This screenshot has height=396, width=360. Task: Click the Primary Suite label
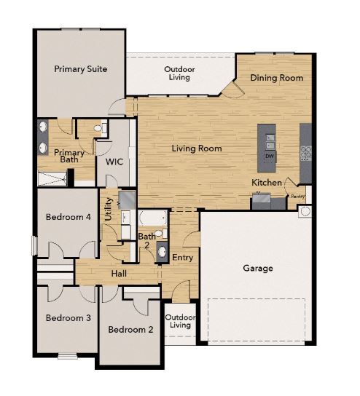(x=81, y=69)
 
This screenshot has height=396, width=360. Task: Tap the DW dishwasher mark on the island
(x=270, y=157)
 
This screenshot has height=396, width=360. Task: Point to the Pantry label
(x=298, y=196)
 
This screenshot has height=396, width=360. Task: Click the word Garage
(x=257, y=269)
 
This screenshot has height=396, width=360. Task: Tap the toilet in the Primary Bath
(x=101, y=129)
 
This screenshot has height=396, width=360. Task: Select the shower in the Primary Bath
(x=53, y=177)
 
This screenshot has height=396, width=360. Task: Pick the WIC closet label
(x=114, y=162)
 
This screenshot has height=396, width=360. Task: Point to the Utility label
(x=108, y=208)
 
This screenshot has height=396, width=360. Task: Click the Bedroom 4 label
(x=68, y=217)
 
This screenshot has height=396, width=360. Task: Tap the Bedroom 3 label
(x=68, y=318)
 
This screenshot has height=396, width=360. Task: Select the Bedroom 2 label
(x=130, y=330)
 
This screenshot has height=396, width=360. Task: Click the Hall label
(x=120, y=273)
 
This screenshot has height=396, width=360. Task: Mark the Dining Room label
(x=276, y=78)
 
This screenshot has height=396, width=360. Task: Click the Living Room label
(x=197, y=148)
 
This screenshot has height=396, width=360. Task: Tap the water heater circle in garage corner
(x=305, y=212)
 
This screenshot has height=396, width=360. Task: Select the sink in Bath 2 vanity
(x=162, y=245)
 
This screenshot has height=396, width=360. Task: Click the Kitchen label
(x=267, y=182)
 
